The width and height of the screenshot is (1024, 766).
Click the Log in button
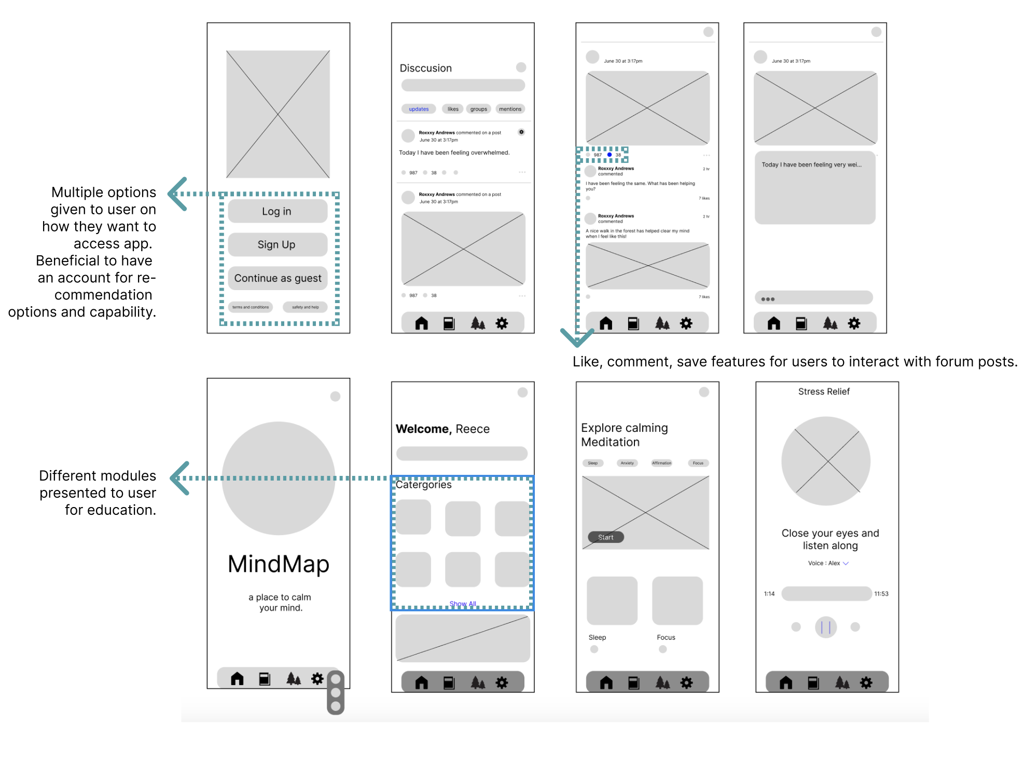(277, 211)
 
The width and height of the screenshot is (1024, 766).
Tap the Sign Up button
(277, 244)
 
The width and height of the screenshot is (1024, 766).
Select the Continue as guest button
(278, 278)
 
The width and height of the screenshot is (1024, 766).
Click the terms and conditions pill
(251, 307)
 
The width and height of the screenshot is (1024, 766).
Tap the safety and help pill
(305, 307)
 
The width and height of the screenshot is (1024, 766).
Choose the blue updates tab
(419, 109)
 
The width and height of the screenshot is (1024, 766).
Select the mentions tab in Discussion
(510, 109)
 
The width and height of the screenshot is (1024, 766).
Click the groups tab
(478, 109)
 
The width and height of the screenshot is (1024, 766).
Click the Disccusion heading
(425, 68)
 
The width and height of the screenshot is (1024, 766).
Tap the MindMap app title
(279, 564)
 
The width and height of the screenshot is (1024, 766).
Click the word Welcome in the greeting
(422, 429)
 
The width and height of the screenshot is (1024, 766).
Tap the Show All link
(463, 604)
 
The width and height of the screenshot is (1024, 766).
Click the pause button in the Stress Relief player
(826, 627)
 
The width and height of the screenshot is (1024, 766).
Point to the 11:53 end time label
(881, 594)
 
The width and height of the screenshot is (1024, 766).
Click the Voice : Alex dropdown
(828, 563)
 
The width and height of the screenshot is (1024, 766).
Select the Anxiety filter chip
(627, 463)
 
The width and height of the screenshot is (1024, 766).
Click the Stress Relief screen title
(824, 391)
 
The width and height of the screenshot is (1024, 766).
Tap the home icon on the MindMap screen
(237, 678)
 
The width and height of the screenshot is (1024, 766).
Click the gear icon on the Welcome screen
(502, 682)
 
